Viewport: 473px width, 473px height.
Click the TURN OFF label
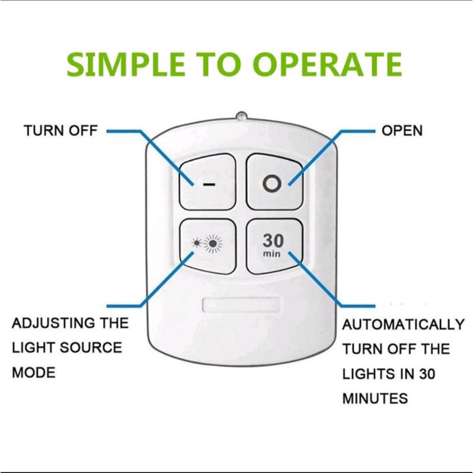point(60,131)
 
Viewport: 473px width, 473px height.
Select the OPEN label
point(402,131)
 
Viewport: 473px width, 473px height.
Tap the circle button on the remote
point(274,183)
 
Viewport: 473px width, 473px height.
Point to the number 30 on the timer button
point(274,241)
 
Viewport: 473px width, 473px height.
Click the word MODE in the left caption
point(33,373)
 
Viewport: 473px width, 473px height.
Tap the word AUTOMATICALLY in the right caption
point(403,325)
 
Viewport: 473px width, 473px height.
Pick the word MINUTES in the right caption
point(375,398)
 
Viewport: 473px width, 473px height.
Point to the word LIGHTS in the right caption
point(369,373)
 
